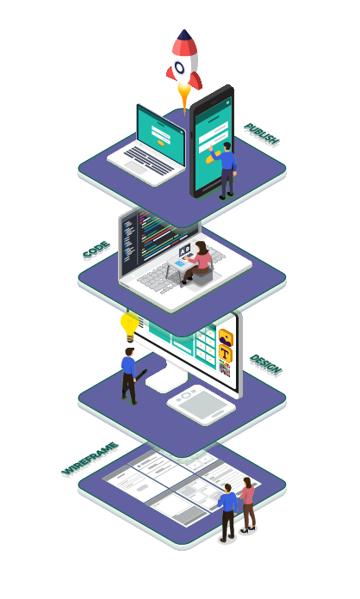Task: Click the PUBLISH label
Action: coord(262,134)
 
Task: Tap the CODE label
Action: coord(96,250)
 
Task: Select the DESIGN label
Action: coord(265,365)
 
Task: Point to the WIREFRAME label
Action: coord(90,459)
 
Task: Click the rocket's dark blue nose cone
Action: coord(184,35)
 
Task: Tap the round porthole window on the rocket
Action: coord(179,68)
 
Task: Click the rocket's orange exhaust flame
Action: coord(184,98)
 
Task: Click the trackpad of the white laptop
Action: coord(135,167)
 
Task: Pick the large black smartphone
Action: coord(212,141)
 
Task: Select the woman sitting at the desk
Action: coord(198,262)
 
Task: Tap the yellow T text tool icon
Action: coord(225,354)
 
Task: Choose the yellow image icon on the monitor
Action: coord(226,337)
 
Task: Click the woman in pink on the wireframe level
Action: coord(248,505)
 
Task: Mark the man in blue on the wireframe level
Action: coord(227,513)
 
